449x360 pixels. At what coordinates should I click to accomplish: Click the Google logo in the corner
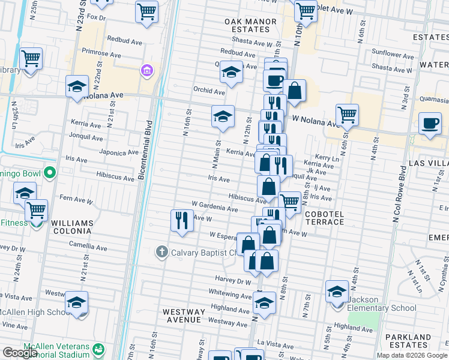coord(20,353)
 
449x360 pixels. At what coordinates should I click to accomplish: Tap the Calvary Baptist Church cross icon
coord(161,252)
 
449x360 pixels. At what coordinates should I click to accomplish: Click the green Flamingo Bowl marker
coord(50,175)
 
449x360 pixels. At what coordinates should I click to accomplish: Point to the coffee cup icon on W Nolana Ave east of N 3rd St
coord(429,123)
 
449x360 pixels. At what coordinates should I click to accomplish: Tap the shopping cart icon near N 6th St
coord(347,114)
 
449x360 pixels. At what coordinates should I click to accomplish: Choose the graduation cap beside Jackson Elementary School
coord(337,291)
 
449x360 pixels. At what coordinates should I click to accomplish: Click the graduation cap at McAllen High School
coord(76,302)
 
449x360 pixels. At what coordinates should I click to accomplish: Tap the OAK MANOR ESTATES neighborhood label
coord(250,26)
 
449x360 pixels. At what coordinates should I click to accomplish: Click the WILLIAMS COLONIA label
coord(72,227)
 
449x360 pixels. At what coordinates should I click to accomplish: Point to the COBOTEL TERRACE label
coord(325,218)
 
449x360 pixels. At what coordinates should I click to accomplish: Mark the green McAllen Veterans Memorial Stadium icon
coord(98,348)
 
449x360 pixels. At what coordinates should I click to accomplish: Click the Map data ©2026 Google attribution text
coord(412,355)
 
